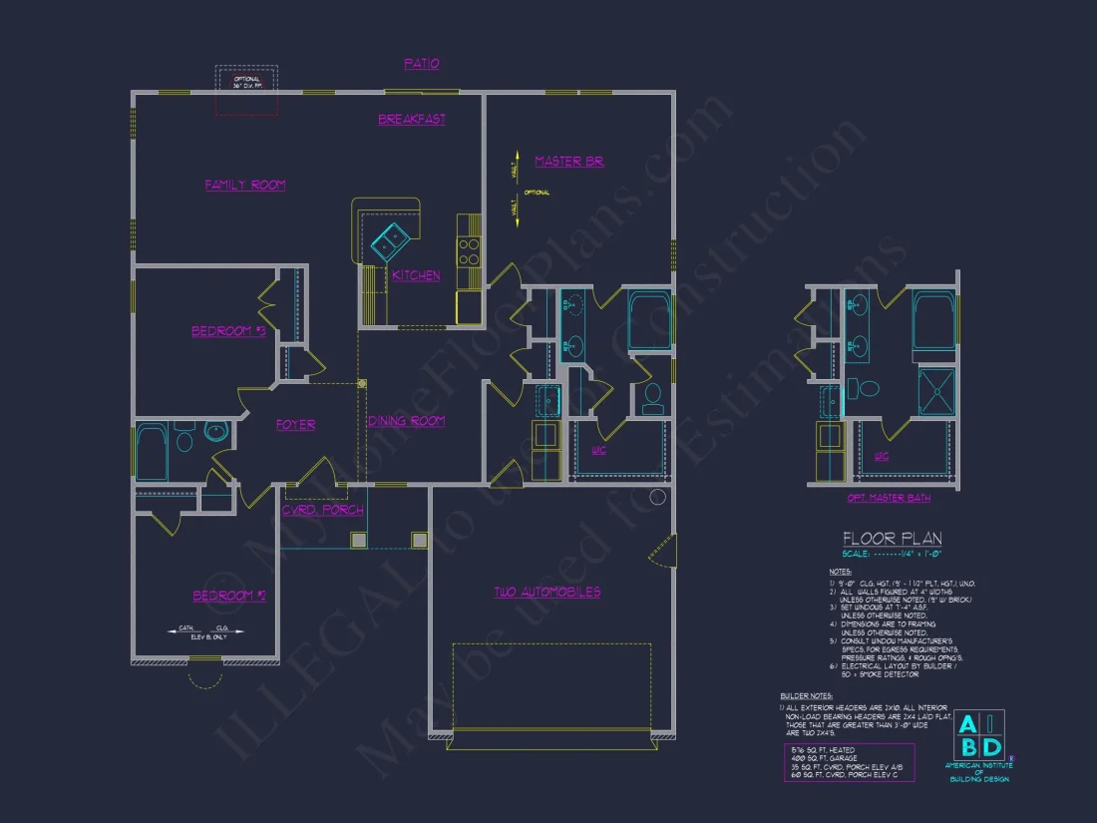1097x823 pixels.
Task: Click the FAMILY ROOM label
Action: [245, 185]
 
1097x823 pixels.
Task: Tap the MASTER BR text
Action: [568, 161]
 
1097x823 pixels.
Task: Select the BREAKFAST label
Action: [412, 120]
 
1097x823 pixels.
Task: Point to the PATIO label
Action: [421, 64]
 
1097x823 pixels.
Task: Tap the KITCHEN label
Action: [416, 275]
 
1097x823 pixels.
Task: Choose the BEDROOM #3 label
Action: [228, 331]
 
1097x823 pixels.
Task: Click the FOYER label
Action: [295, 425]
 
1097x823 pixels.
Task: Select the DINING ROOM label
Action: [406, 421]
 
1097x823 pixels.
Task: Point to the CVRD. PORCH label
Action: [323, 510]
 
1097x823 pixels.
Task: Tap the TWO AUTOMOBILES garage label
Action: [548, 592]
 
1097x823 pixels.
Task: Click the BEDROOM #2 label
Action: [228, 596]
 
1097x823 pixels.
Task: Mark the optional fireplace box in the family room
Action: [246, 91]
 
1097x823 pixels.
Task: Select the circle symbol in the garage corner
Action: [657, 497]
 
